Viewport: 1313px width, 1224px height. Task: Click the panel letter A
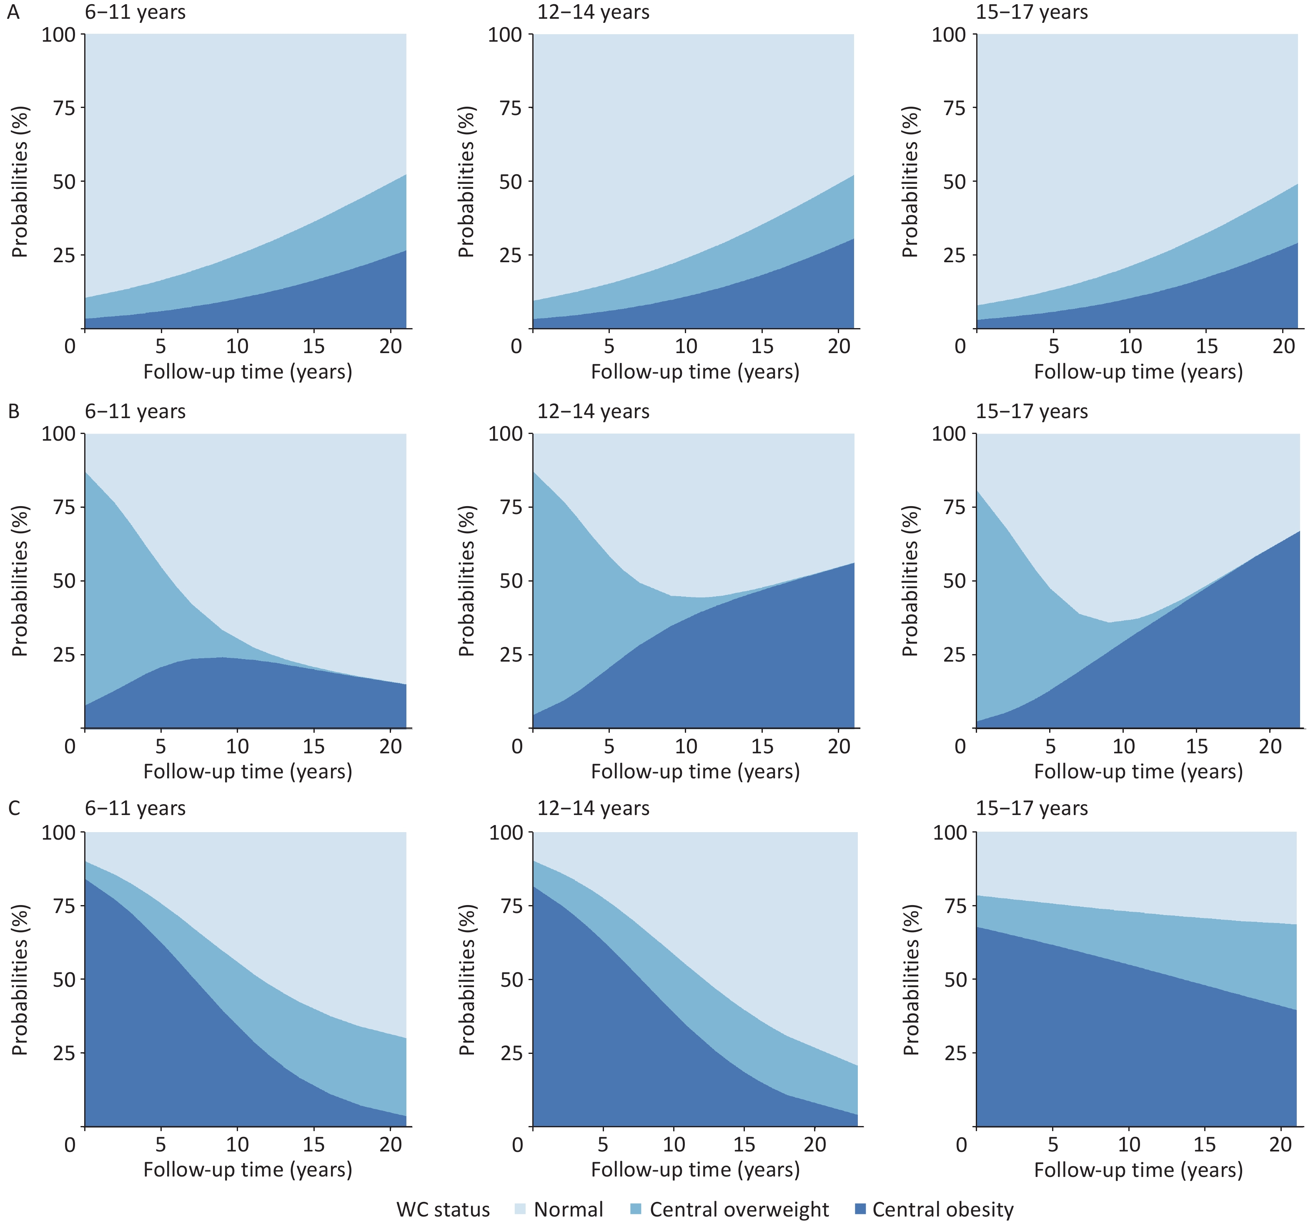pyautogui.click(x=13, y=13)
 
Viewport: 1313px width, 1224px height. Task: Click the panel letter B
pyautogui.click(x=13, y=411)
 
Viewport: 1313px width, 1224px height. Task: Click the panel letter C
pyautogui.click(x=13, y=808)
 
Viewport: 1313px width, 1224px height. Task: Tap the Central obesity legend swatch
pyautogui.click(x=860, y=1209)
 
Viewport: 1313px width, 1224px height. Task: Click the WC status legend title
pyautogui.click(x=443, y=1209)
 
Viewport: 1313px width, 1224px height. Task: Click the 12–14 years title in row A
pyautogui.click(x=593, y=13)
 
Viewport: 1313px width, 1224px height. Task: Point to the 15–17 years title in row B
pyautogui.click(x=1032, y=411)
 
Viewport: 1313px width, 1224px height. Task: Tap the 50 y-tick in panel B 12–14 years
pyautogui.click(x=511, y=581)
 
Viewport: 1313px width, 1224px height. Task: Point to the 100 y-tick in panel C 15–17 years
pyautogui.click(x=950, y=832)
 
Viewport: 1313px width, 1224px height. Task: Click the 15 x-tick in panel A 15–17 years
pyautogui.click(x=1207, y=346)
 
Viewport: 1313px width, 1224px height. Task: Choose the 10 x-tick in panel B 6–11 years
pyautogui.click(x=237, y=746)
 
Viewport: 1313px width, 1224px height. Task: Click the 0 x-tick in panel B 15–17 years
pyautogui.click(x=960, y=746)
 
